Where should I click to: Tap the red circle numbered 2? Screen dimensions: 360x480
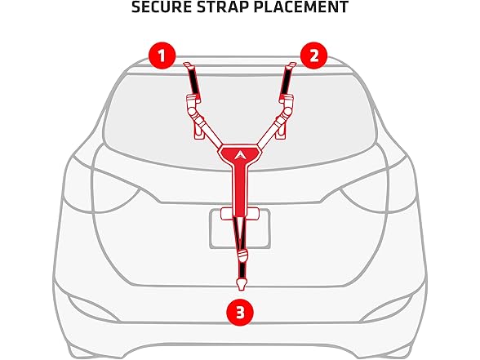coord(313,56)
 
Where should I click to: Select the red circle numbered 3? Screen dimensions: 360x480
coord(239,311)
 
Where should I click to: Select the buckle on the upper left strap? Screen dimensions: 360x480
coord(193,105)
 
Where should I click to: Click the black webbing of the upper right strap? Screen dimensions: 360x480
coord(287,82)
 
